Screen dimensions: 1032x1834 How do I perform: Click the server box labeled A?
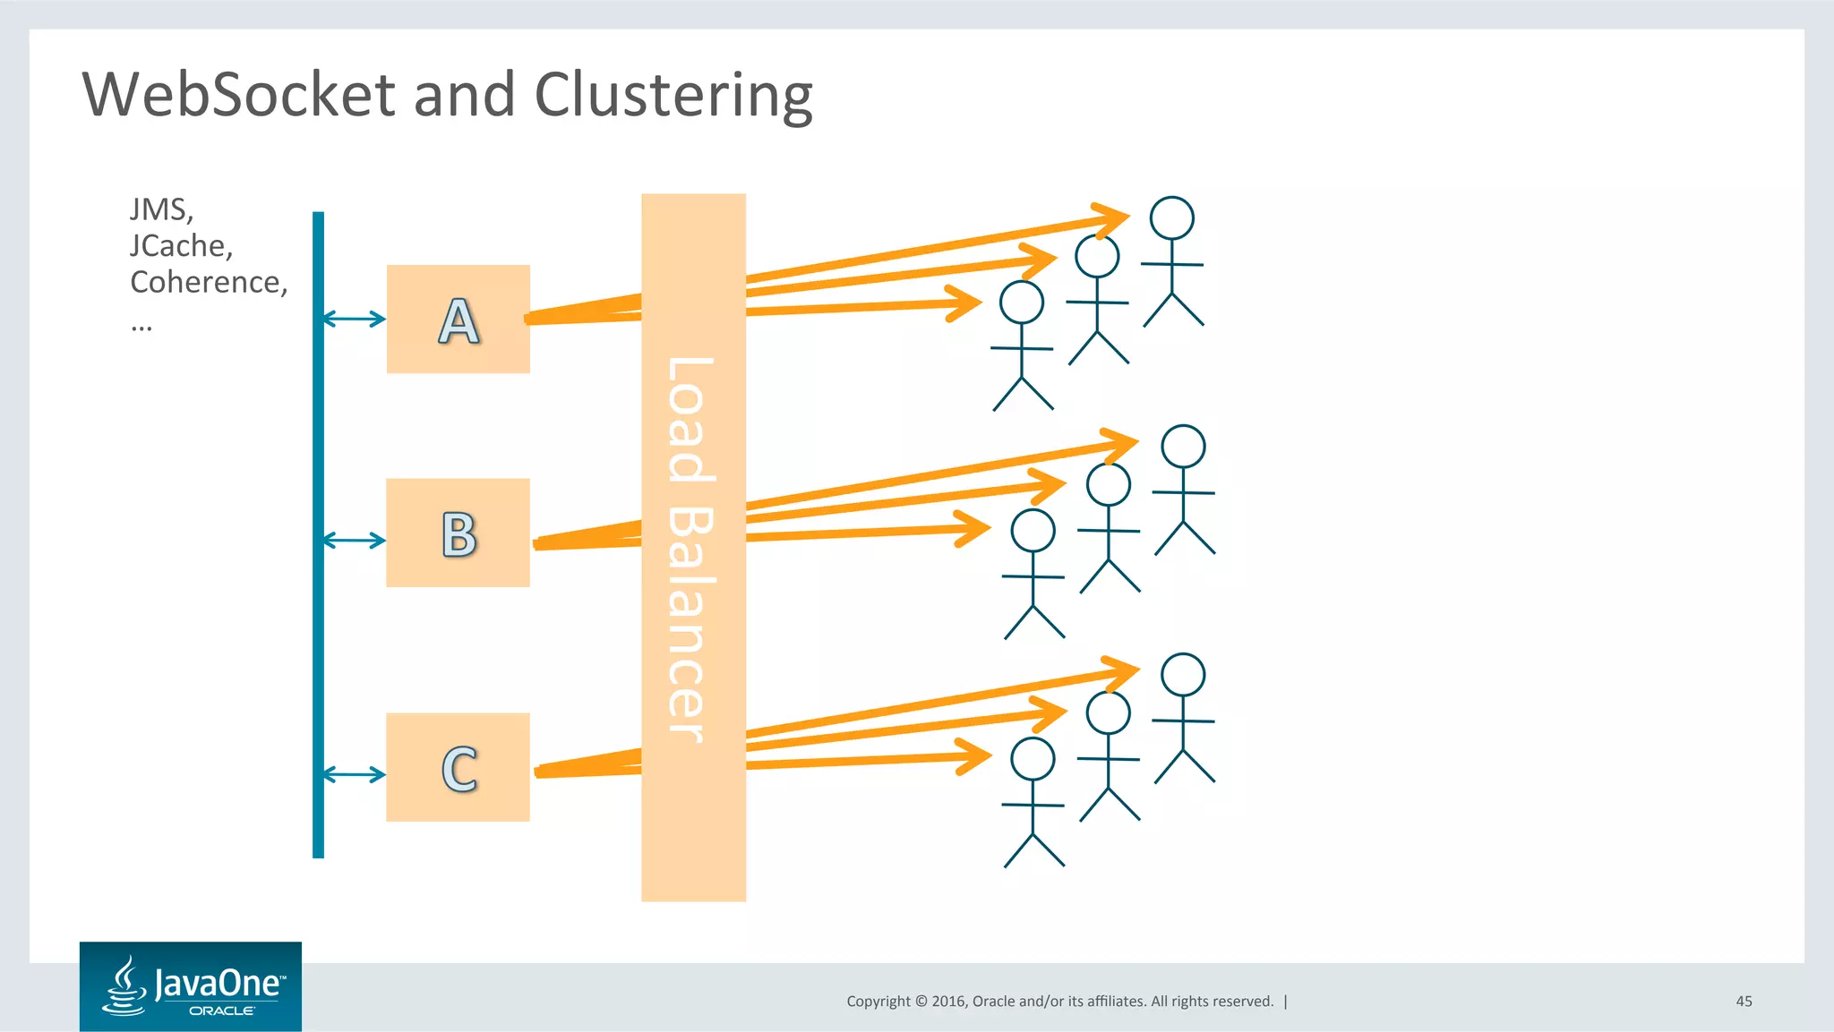458,319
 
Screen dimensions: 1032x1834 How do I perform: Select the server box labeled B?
458,533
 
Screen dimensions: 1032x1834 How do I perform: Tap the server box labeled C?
458,767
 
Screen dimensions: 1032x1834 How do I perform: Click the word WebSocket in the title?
238,94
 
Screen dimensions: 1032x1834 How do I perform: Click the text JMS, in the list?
161,209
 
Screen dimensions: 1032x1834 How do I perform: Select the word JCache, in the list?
181,245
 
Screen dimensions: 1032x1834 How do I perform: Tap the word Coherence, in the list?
209,282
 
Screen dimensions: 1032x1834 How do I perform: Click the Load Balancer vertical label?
691,548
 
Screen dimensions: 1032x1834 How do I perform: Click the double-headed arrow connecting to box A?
354,319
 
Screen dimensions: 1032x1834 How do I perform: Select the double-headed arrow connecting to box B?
354,540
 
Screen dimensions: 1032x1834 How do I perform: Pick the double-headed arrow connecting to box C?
354,774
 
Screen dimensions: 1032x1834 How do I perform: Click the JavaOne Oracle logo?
191,986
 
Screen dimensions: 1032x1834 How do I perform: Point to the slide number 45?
1744,1002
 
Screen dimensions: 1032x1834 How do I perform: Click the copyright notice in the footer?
1059,1002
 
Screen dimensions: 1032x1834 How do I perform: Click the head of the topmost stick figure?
1171,217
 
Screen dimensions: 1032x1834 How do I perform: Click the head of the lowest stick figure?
1033,759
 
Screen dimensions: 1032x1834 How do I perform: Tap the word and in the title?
464,94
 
